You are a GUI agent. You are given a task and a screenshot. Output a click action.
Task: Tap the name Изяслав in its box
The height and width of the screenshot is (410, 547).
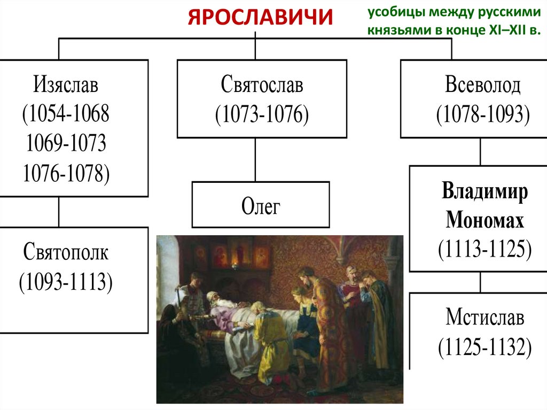[67, 86]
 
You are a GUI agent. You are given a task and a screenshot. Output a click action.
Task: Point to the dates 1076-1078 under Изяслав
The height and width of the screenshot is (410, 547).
[66, 172]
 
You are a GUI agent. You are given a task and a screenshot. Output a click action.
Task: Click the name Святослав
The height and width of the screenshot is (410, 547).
[262, 86]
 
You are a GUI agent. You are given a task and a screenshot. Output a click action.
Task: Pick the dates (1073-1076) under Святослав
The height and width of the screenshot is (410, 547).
[262, 115]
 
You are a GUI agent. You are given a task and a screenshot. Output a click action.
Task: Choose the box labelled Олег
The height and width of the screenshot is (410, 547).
[261, 205]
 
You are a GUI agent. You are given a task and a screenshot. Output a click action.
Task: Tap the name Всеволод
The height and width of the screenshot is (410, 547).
[482, 86]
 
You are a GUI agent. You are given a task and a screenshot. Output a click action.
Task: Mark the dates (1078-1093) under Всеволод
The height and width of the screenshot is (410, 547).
[482, 115]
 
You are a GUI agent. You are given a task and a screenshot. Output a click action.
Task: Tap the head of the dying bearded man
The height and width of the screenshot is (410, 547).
[214, 297]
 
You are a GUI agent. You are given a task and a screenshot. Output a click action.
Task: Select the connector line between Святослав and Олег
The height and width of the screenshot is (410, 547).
[255, 160]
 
